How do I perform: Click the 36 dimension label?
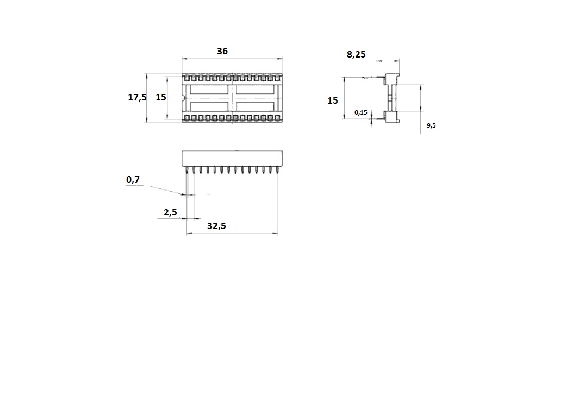point(222,51)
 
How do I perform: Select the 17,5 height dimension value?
point(137,97)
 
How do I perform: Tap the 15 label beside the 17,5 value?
point(160,97)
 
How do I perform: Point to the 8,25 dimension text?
point(356,55)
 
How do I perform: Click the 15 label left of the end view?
point(332,100)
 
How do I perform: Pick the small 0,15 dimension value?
point(361,112)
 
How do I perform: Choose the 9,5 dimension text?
point(431,126)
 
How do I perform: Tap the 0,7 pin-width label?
point(133,180)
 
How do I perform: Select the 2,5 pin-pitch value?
point(170,212)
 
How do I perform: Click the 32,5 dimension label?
point(216,226)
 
